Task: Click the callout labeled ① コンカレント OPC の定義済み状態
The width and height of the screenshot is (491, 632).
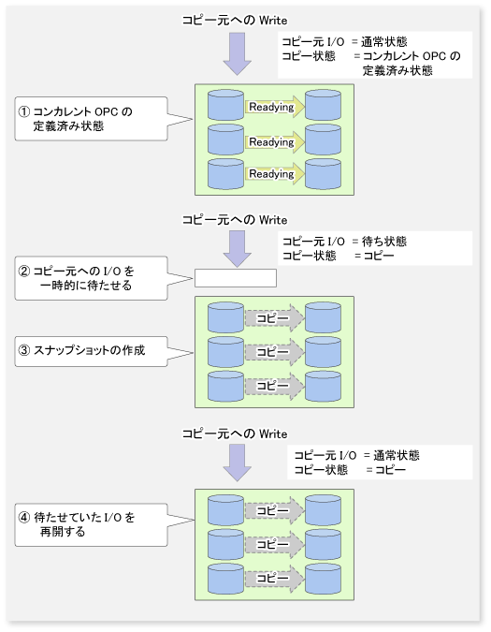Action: coord(91,119)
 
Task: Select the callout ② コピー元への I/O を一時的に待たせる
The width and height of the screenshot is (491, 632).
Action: coord(91,278)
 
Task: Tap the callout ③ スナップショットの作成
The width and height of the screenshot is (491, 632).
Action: coord(91,351)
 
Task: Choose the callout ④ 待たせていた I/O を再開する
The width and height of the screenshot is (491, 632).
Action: coord(91,524)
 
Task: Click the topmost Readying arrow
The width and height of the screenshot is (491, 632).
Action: coord(274,107)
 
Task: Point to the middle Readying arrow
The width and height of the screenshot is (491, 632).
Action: coord(274,142)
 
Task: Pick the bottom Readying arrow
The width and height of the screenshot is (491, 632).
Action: coord(274,174)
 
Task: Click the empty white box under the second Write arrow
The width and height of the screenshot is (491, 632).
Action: coord(236,278)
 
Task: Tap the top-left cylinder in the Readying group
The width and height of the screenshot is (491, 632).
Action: coord(225,105)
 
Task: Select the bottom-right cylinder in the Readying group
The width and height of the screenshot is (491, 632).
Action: coord(324,174)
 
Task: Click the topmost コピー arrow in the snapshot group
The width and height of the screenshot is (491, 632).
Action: coord(274,318)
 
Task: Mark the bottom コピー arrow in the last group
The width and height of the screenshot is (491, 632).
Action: coord(274,579)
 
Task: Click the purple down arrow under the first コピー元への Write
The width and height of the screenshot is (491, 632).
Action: coord(238,53)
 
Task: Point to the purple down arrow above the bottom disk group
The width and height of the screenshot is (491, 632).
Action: coord(238,463)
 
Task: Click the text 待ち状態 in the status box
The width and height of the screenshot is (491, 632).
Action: coord(384,242)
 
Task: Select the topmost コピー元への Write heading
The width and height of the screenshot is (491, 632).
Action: coord(235,21)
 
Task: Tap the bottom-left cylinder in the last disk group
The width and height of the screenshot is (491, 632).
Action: coord(225,579)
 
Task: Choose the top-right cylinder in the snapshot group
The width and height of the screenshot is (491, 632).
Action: coord(324,317)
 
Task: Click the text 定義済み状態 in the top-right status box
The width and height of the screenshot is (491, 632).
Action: coord(397,70)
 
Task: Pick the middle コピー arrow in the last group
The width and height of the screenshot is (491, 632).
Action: coord(274,545)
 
